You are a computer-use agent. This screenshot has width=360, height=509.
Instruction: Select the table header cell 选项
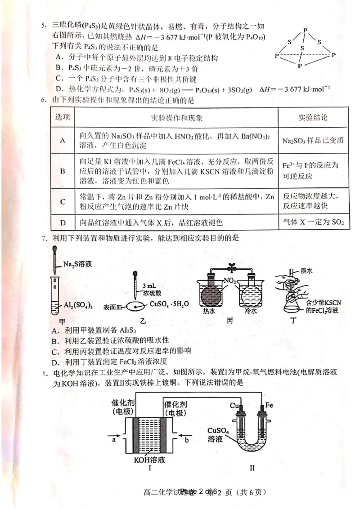tap(63, 118)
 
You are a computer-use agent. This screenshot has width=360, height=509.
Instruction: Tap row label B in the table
tap(63, 171)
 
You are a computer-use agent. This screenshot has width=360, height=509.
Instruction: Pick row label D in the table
tap(63, 222)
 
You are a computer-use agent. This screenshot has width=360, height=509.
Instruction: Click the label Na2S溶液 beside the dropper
tap(77, 264)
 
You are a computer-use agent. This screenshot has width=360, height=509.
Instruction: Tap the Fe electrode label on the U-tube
tap(269, 405)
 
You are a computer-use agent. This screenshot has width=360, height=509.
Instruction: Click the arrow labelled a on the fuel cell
tap(113, 439)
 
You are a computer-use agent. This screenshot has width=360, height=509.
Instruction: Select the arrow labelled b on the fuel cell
tap(185, 439)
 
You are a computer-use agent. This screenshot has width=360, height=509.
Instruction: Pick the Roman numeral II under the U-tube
tap(252, 468)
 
